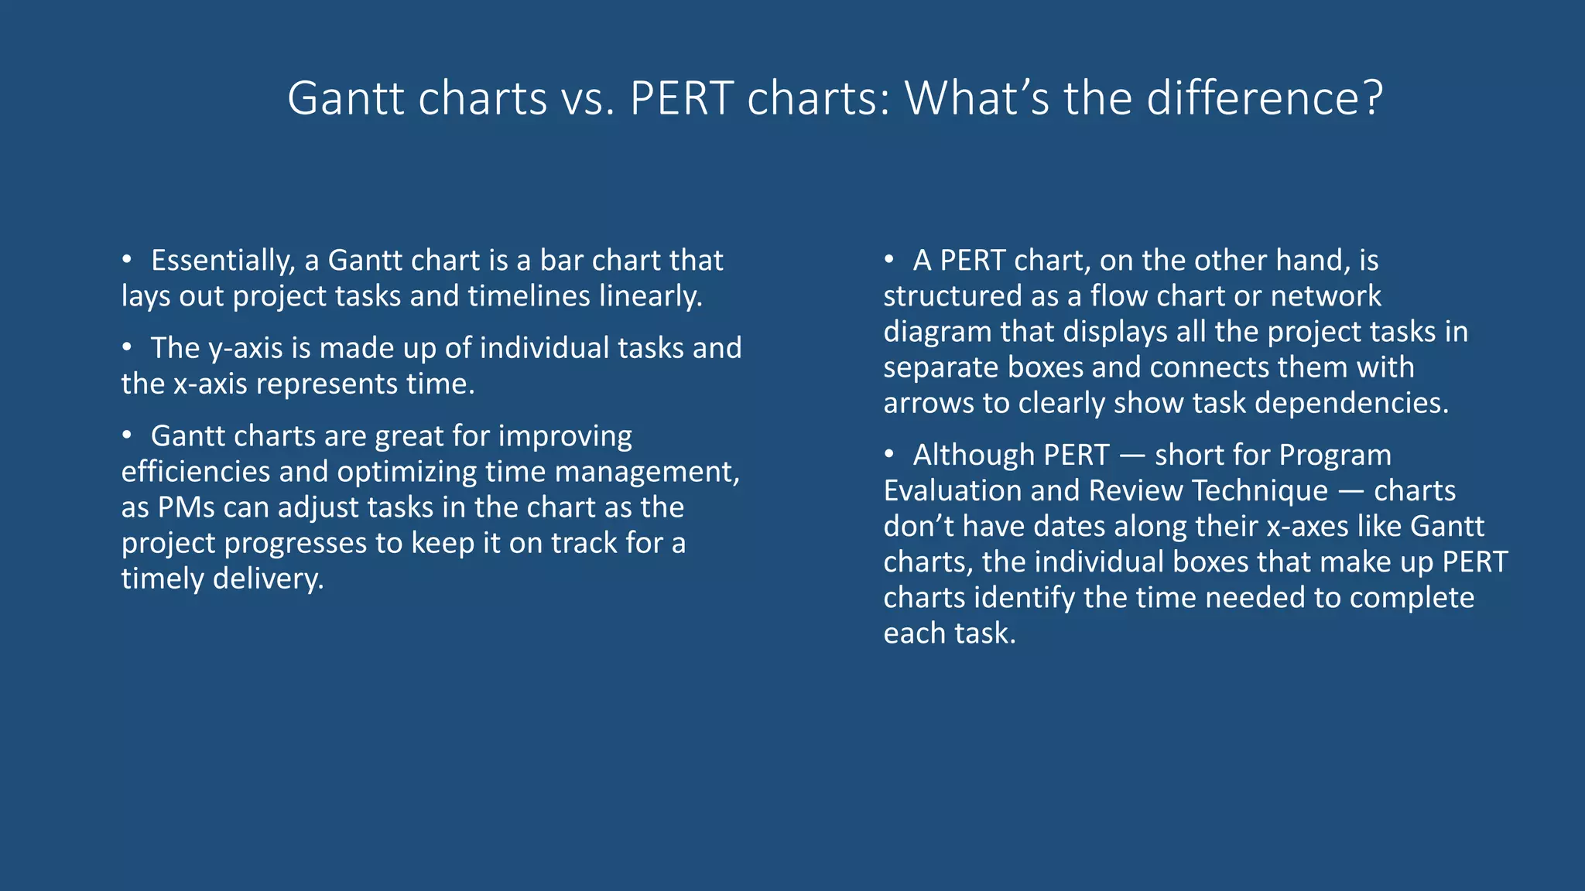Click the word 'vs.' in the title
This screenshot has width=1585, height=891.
click(x=588, y=99)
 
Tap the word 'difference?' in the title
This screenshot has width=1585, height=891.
click(x=1264, y=99)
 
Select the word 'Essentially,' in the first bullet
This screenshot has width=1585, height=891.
click(x=223, y=261)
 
